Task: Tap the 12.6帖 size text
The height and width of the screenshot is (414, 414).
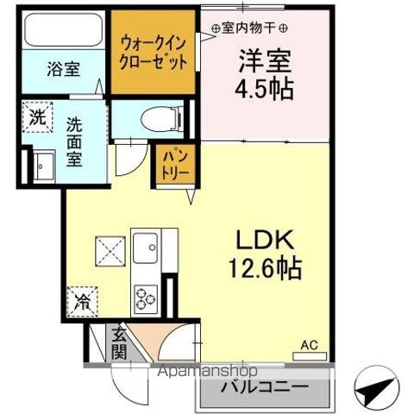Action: (x=264, y=268)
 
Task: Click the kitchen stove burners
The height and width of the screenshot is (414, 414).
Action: (x=142, y=299)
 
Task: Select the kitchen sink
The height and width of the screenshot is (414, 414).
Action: (x=143, y=243)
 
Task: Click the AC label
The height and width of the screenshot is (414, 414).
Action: (x=308, y=346)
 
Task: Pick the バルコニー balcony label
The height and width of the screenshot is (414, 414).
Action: (x=267, y=386)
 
